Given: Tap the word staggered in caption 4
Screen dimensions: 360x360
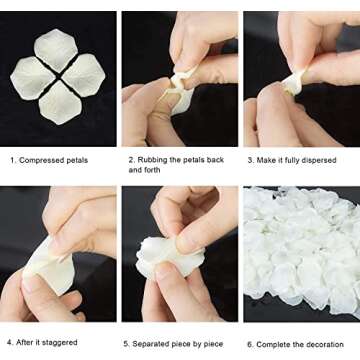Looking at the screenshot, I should coord(60,342).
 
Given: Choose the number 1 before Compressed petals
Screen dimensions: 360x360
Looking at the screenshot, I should coord(13,159).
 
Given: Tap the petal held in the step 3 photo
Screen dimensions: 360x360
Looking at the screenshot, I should coord(291,83).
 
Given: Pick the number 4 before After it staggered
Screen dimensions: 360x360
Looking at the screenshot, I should coord(9,342).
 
